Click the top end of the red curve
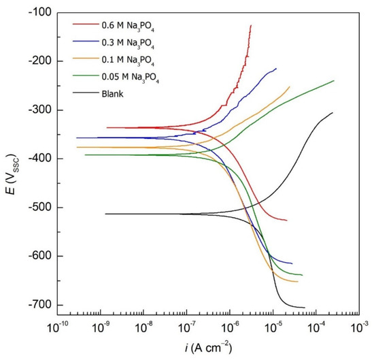click(251, 25)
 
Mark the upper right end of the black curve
click(333, 113)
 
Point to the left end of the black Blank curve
click(105, 214)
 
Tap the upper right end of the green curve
click(334, 80)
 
